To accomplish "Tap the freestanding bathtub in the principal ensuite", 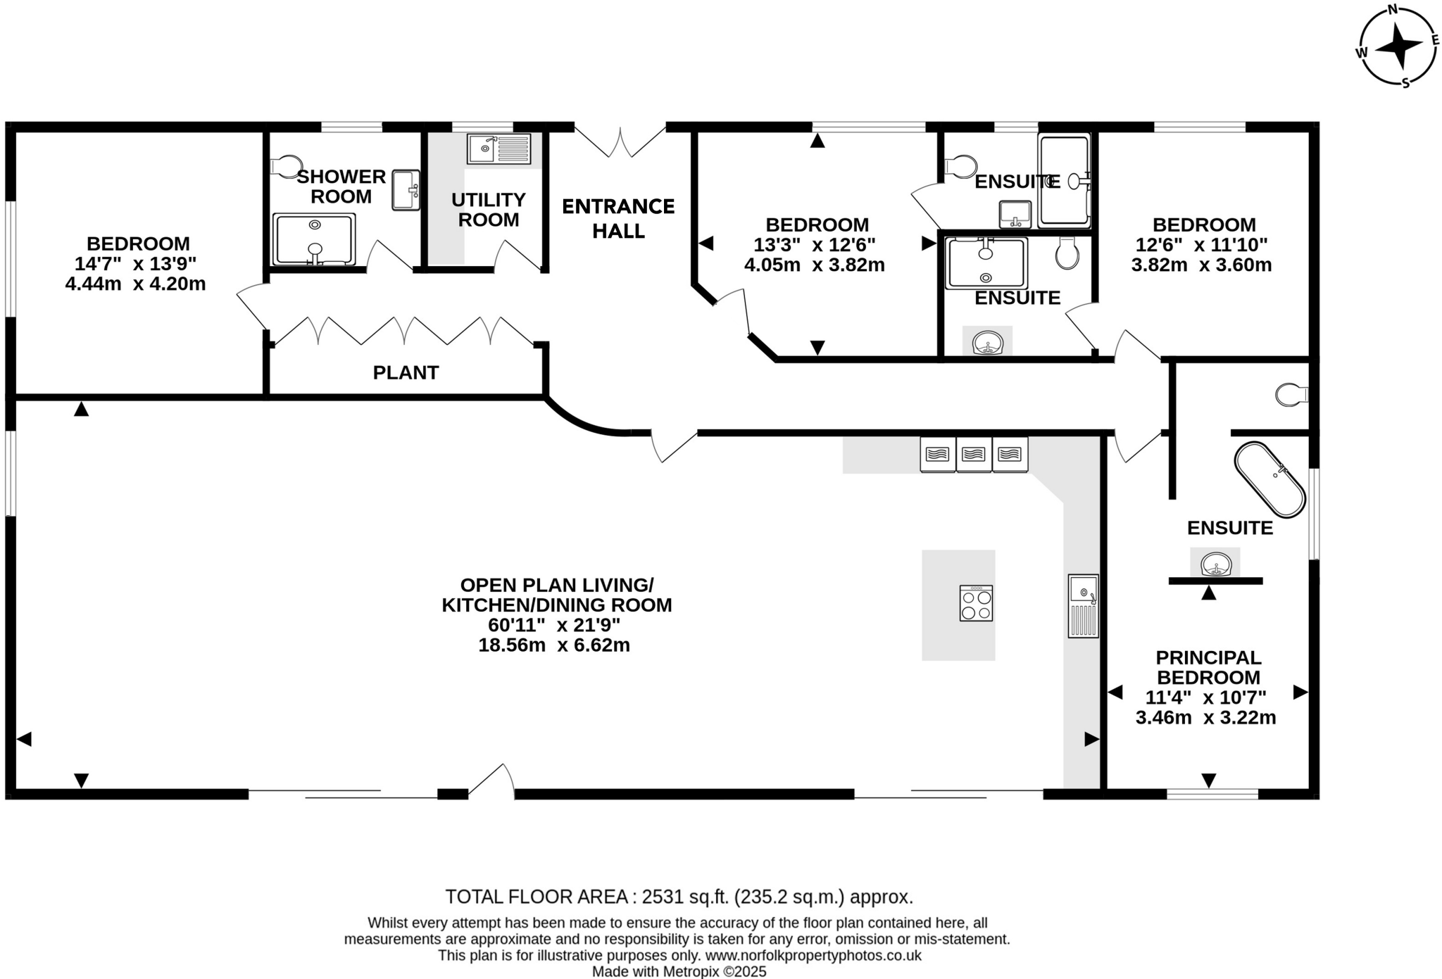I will click(x=1269, y=479).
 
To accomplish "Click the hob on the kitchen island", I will click(x=976, y=603).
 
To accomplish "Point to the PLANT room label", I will click(x=406, y=372).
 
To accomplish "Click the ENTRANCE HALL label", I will click(x=618, y=218).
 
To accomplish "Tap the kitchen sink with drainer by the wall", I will click(x=1083, y=605).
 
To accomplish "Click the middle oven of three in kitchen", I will click(x=974, y=454).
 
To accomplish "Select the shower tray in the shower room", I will click(x=314, y=239).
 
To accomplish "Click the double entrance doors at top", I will click(x=620, y=141).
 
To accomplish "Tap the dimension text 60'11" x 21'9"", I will click(x=554, y=625).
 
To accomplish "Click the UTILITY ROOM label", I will click(x=488, y=210).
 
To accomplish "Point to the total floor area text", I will click(x=679, y=897).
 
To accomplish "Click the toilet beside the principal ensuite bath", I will click(x=1291, y=394).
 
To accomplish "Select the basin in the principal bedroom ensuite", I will click(x=1215, y=564).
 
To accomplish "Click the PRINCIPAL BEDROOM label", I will click(x=1208, y=667).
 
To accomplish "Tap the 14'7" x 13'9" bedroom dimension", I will click(x=136, y=264).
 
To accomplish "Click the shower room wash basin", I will click(x=406, y=189).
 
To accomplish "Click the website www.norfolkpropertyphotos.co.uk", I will click(x=813, y=956).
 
